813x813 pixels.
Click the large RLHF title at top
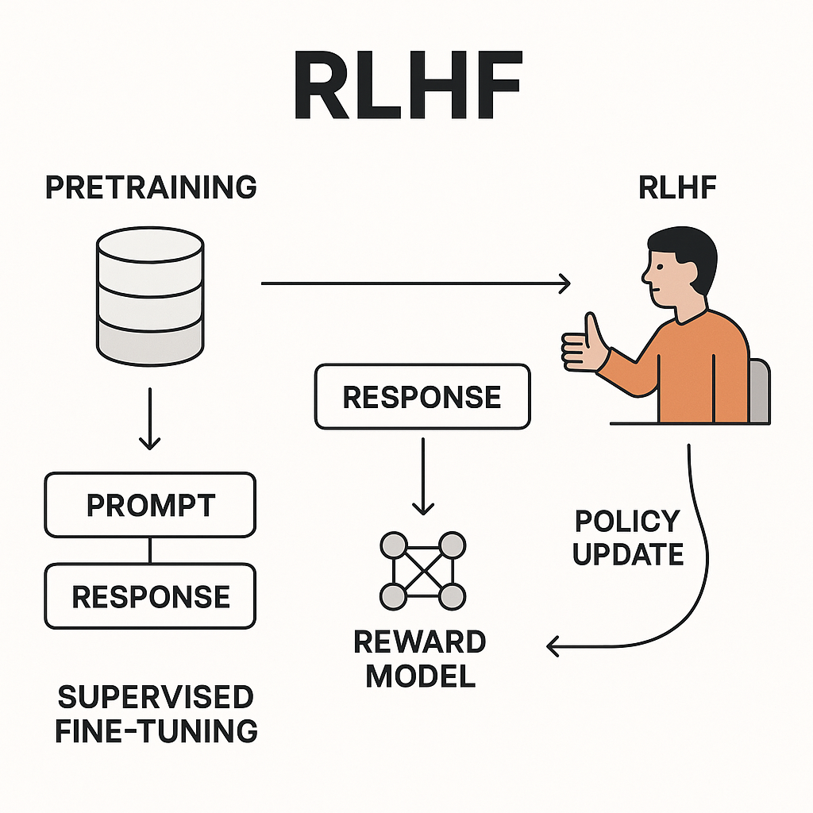[x=406, y=87]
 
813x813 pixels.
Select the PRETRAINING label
[x=151, y=187]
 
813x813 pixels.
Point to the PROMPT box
[x=150, y=505]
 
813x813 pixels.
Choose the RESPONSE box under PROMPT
[x=150, y=596]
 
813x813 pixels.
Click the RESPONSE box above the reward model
[x=422, y=396]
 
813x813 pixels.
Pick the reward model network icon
[x=422, y=570]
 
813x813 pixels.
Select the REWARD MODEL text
[x=420, y=658]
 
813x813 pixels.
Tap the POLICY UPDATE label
[x=628, y=538]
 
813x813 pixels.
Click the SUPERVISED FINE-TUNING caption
[x=156, y=714]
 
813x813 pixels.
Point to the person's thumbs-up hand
[x=584, y=343]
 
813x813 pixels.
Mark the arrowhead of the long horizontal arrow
[x=564, y=283]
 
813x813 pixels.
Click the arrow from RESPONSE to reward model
[x=422, y=476]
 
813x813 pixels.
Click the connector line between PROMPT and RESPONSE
[x=150, y=550]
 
